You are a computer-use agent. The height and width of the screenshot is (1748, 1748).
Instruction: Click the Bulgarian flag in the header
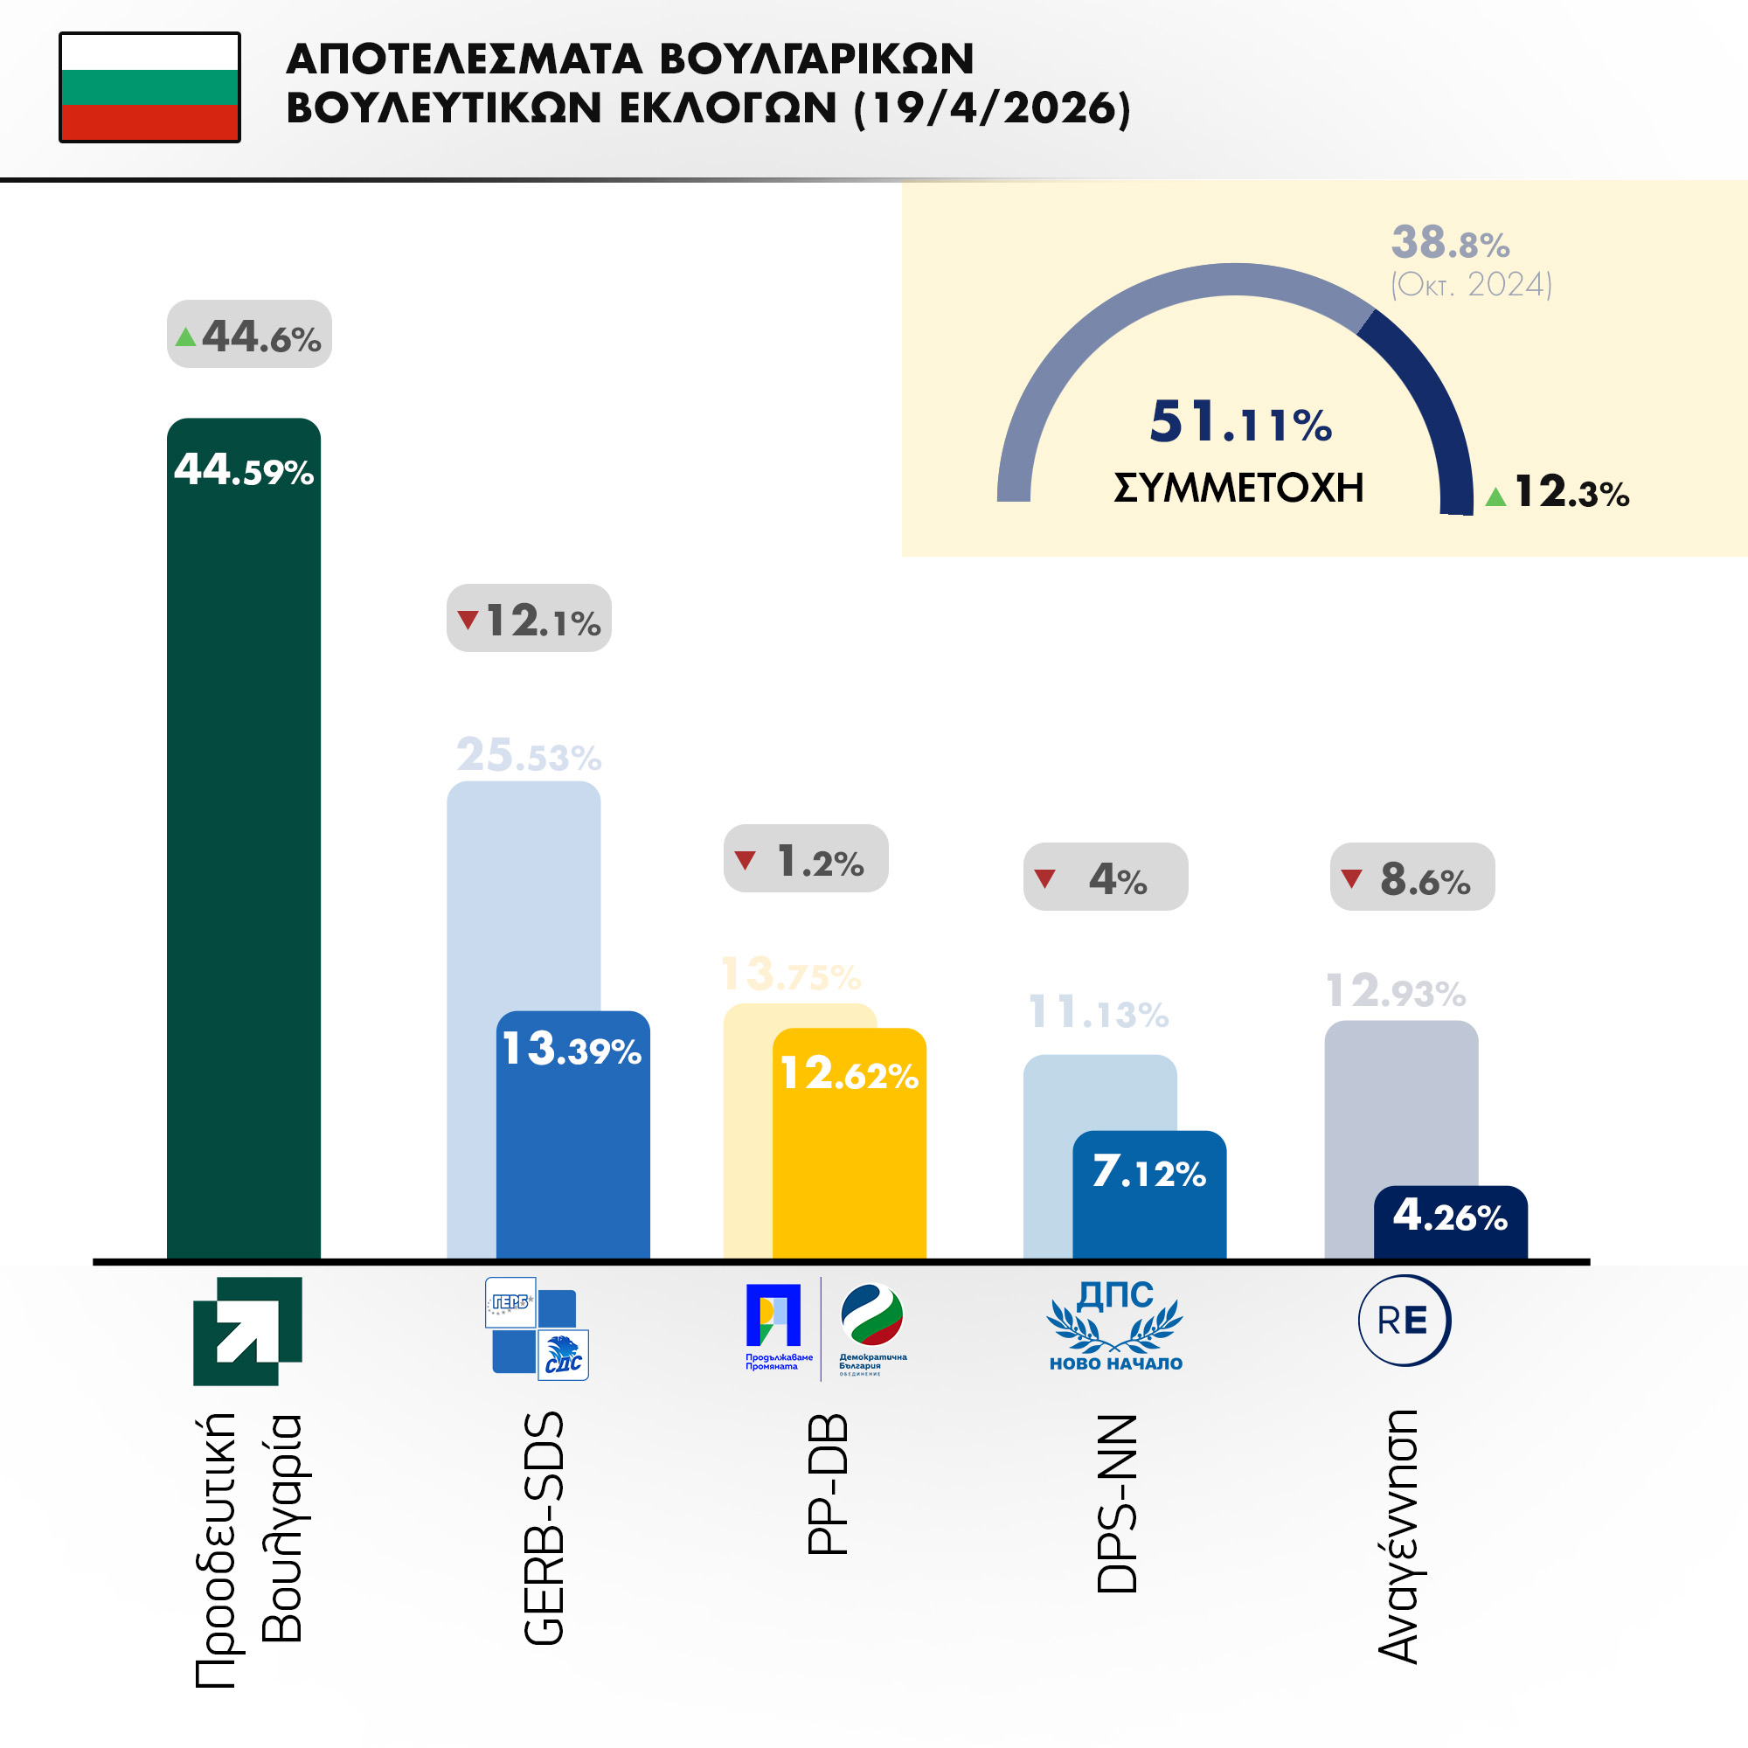tap(149, 87)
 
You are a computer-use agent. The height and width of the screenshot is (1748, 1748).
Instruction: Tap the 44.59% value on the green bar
tap(243, 470)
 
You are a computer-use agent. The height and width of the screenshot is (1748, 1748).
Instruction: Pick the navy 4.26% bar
tap(1449, 1222)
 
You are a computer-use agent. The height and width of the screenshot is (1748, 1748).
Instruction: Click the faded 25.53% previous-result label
tap(529, 755)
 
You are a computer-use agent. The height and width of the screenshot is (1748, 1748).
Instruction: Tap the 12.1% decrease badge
tap(529, 619)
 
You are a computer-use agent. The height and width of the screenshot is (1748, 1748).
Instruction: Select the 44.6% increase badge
tap(249, 335)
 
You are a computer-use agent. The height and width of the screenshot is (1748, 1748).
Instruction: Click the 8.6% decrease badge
tap(1412, 877)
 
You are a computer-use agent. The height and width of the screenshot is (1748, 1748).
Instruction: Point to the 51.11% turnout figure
tap(1239, 422)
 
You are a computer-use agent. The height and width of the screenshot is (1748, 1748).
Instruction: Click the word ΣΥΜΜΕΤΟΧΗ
tap(1238, 489)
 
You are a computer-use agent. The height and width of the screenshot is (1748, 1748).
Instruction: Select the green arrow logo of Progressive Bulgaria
tap(247, 1331)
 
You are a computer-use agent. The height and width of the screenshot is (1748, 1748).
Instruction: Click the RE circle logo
tap(1404, 1320)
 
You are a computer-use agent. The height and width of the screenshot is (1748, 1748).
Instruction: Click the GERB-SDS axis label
tap(544, 1529)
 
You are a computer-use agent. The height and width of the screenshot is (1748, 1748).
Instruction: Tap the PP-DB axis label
tap(827, 1485)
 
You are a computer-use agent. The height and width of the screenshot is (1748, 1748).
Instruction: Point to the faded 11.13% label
tap(1099, 1012)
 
